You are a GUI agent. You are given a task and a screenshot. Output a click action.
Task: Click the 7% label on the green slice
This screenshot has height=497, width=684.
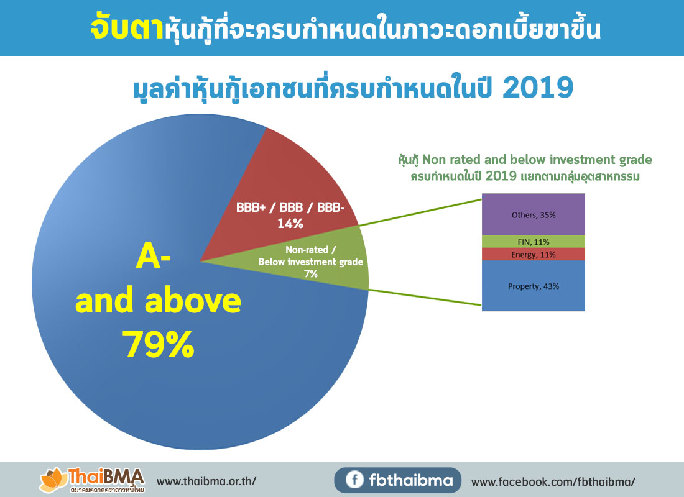tap(311, 273)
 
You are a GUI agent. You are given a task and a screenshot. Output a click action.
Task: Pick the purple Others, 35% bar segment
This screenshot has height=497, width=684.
tap(534, 214)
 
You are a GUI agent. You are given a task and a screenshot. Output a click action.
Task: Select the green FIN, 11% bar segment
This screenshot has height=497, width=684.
tap(534, 241)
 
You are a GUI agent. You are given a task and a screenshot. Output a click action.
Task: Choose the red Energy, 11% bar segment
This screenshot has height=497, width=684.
tap(534, 254)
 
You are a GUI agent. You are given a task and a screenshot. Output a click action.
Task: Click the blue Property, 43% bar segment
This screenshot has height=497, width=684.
tap(534, 286)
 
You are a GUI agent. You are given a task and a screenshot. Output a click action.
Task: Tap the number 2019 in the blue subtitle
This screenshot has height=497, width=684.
tap(537, 88)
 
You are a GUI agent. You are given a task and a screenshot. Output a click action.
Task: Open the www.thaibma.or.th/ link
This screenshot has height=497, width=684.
tap(206, 481)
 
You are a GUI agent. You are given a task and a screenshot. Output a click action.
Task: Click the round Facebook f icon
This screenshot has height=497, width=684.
tap(354, 480)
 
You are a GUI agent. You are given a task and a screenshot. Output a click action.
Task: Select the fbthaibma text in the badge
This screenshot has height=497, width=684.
tap(411, 480)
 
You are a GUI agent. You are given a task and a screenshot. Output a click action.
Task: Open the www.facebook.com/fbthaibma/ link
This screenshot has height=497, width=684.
tap(553, 481)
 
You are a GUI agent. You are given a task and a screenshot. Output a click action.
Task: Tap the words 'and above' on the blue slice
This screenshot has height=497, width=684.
tap(158, 301)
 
